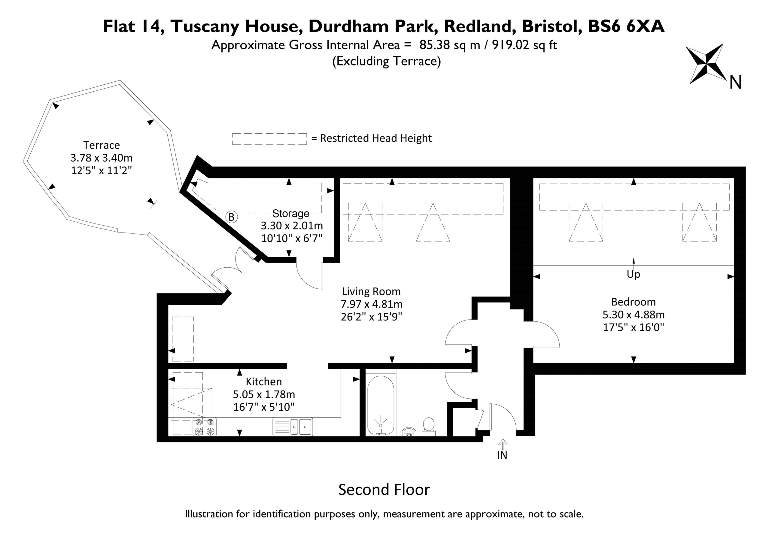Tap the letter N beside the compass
pos(736,82)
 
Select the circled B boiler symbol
pos(231,217)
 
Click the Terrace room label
pos(102,145)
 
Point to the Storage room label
pos(291,213)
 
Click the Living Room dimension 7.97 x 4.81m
pos(372,304)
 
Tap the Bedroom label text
pos(633,302)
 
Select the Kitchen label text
pos(264,381)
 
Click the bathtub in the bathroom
pos(381,405)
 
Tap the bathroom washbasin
pos(409,431)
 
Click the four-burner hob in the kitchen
pos(205,427)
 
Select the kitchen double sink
pos(293,427)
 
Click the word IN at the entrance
pos(502,455)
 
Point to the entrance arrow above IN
pos(503,444)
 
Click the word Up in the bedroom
pos(633,274)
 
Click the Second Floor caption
pos(384,490)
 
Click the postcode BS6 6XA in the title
pos(626,26)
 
